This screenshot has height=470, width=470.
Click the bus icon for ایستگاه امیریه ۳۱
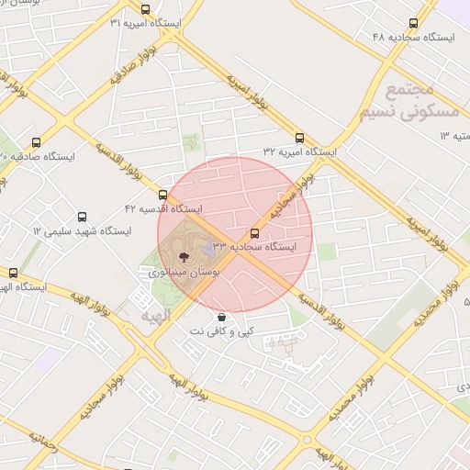click(145, 10)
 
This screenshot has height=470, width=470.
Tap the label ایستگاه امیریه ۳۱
click(146, 23)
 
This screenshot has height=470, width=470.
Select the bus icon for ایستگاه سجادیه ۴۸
click(413, 24)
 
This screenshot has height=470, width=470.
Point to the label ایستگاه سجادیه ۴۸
click(414, 37)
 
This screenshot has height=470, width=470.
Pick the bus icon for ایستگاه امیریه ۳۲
click(299, 139)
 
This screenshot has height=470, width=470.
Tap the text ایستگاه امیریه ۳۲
click(300, 151)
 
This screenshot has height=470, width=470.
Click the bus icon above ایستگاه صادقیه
click(37, 142)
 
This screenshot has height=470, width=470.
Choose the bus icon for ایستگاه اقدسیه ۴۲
click(163, 196)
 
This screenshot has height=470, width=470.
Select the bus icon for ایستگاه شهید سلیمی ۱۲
click(83, 218)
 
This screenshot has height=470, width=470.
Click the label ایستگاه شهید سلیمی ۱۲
click(81, 230)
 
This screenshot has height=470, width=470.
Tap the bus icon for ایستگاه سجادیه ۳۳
click(255, 234)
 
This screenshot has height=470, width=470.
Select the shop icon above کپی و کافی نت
click(221, 317)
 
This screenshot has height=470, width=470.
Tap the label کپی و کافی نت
click(221, 330)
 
